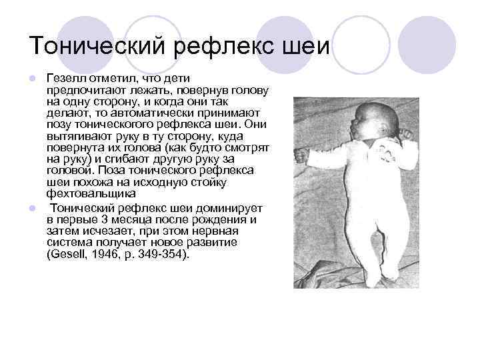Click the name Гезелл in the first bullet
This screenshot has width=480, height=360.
[64, 79]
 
